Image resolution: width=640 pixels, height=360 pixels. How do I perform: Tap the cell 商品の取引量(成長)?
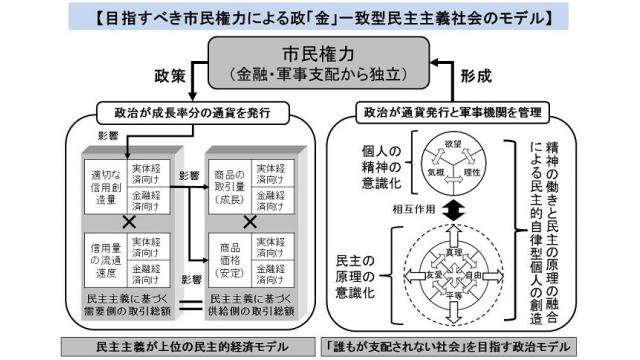228,179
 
